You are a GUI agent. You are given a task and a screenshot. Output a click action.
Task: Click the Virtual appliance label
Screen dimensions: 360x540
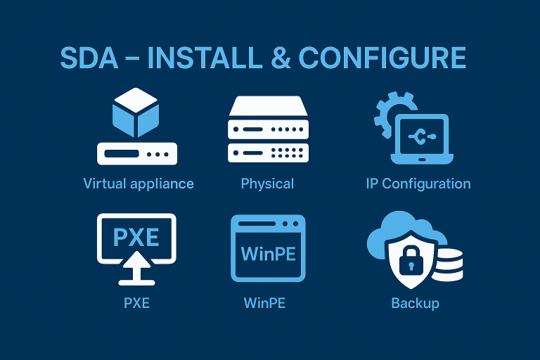139,184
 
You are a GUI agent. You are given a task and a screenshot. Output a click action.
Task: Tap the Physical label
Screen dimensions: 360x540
267,184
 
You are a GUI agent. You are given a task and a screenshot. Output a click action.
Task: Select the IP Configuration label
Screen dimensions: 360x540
418,184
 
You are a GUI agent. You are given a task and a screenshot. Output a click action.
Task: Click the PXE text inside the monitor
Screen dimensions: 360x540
136,236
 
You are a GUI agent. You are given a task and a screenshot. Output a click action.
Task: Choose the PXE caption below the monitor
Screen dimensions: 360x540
136,304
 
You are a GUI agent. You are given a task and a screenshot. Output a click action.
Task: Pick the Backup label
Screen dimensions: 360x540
415,304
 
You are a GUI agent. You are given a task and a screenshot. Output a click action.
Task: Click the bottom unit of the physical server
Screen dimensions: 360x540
268,151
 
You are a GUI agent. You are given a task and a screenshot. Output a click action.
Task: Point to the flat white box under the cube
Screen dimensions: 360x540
136,153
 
